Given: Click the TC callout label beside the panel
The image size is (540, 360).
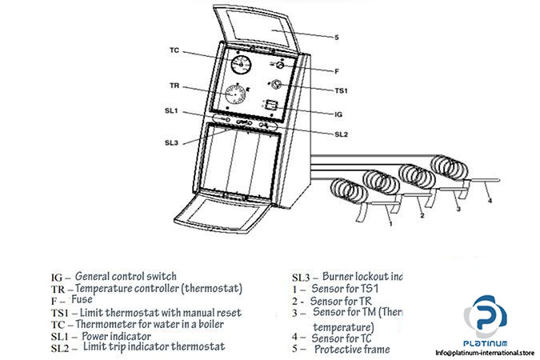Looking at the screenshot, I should pyautogui.click(x=174, y=50).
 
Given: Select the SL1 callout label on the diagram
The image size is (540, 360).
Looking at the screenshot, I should pyautogui.click(x=171, y=110).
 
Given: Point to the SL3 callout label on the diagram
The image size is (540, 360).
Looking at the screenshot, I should pyautogui.click(x=171, y=142).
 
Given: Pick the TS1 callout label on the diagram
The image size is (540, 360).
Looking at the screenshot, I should pyautogui.click(x=342, y=92).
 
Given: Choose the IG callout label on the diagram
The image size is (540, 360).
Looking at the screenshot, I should pyautogui.click(x=339, y=114).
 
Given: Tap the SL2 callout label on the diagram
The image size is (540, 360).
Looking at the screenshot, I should pyautogui.click(x=342, y=134).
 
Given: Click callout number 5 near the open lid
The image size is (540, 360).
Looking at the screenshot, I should pyautogui.click(x=336, y=37).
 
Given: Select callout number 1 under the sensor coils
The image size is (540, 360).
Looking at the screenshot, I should pyautogui.click(x=390, y=225).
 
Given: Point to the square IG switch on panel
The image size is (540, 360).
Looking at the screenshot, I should pyautogui.click(x=272, y=105).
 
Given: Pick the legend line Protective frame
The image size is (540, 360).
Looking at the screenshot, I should pyautogui.click(x=352, y=350).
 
